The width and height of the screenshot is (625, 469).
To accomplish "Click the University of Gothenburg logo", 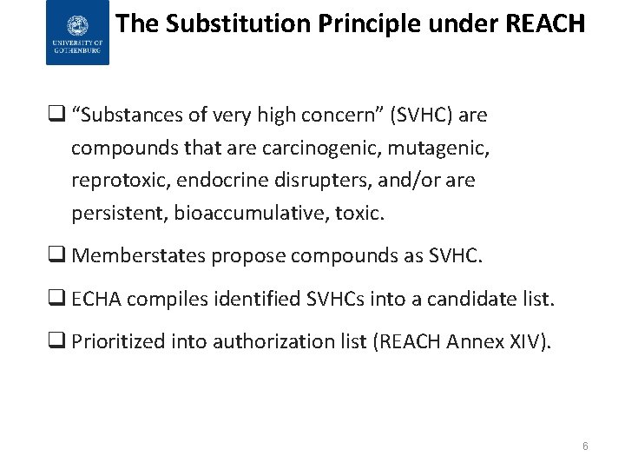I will [78, 33].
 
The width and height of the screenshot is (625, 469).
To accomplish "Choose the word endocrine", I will [211, 181].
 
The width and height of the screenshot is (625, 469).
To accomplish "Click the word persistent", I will [119, 213].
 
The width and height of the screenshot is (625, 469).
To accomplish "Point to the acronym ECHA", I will [95, 300].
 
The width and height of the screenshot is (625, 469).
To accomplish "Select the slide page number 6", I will [585, 446].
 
